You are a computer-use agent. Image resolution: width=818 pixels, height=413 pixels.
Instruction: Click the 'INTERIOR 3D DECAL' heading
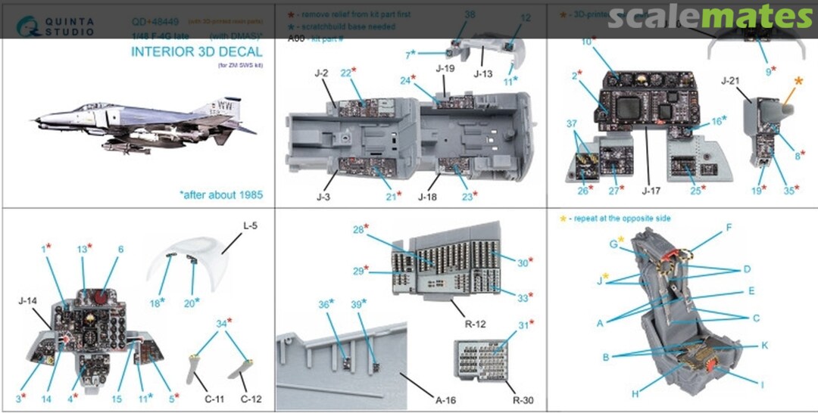196,52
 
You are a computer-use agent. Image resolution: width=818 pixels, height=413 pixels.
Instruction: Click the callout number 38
470,14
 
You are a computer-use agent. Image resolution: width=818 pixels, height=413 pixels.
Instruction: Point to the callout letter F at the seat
729,226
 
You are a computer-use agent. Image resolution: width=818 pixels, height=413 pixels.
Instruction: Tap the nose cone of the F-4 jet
36,120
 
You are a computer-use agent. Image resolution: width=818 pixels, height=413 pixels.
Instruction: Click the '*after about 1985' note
221,194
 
